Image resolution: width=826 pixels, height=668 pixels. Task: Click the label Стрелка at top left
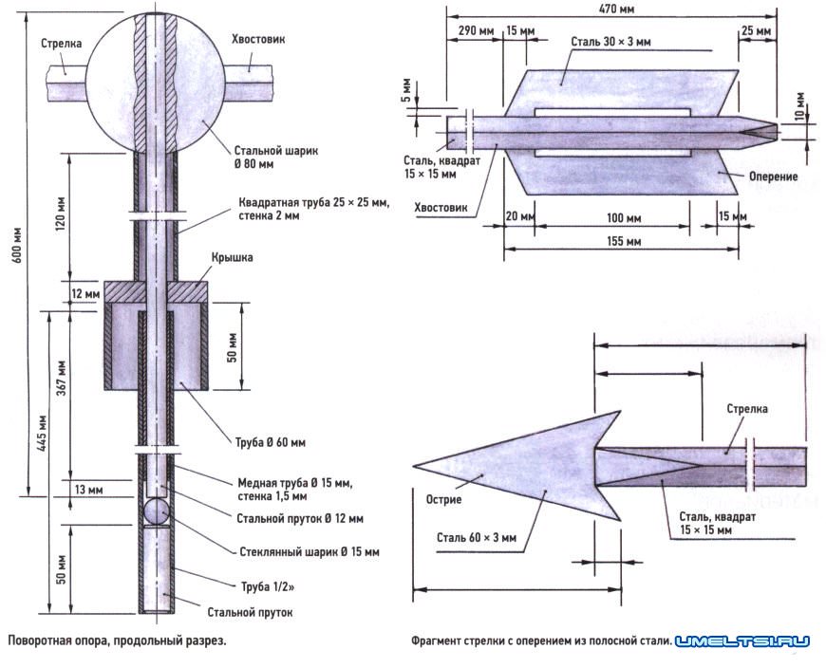click(x=61, y=44)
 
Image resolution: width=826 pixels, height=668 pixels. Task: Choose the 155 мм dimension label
click(x=619, y=241)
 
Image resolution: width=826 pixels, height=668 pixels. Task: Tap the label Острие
click(x=442, y=499)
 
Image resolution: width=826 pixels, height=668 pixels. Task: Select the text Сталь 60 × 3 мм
click(x=478, y=537)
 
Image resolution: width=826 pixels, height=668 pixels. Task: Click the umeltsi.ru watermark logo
click(x=743, y=641)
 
